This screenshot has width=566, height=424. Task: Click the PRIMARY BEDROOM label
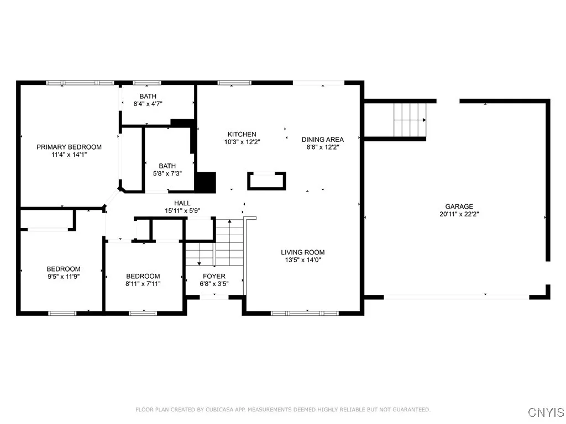point(69,147)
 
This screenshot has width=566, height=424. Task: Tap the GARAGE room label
point(460,206)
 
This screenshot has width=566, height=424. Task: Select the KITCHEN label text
point(242,134)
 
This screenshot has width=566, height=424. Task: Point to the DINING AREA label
point(323,140)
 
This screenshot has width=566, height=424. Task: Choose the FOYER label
point(214,276)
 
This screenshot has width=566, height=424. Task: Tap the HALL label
point(182,203)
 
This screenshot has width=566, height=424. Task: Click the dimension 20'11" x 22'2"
point(460,214)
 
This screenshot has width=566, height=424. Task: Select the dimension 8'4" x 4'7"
point(148,103)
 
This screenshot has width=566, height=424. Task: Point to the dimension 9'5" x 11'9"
point(64,277)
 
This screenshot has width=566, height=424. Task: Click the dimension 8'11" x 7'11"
point(143,284)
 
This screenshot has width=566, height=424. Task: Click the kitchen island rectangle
point(267,181)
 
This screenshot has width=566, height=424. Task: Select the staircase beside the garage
point(410,119)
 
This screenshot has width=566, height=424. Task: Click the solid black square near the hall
point(206,183)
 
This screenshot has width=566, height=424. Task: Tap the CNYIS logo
point(546,412)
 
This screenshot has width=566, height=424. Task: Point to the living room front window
point(305,313)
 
